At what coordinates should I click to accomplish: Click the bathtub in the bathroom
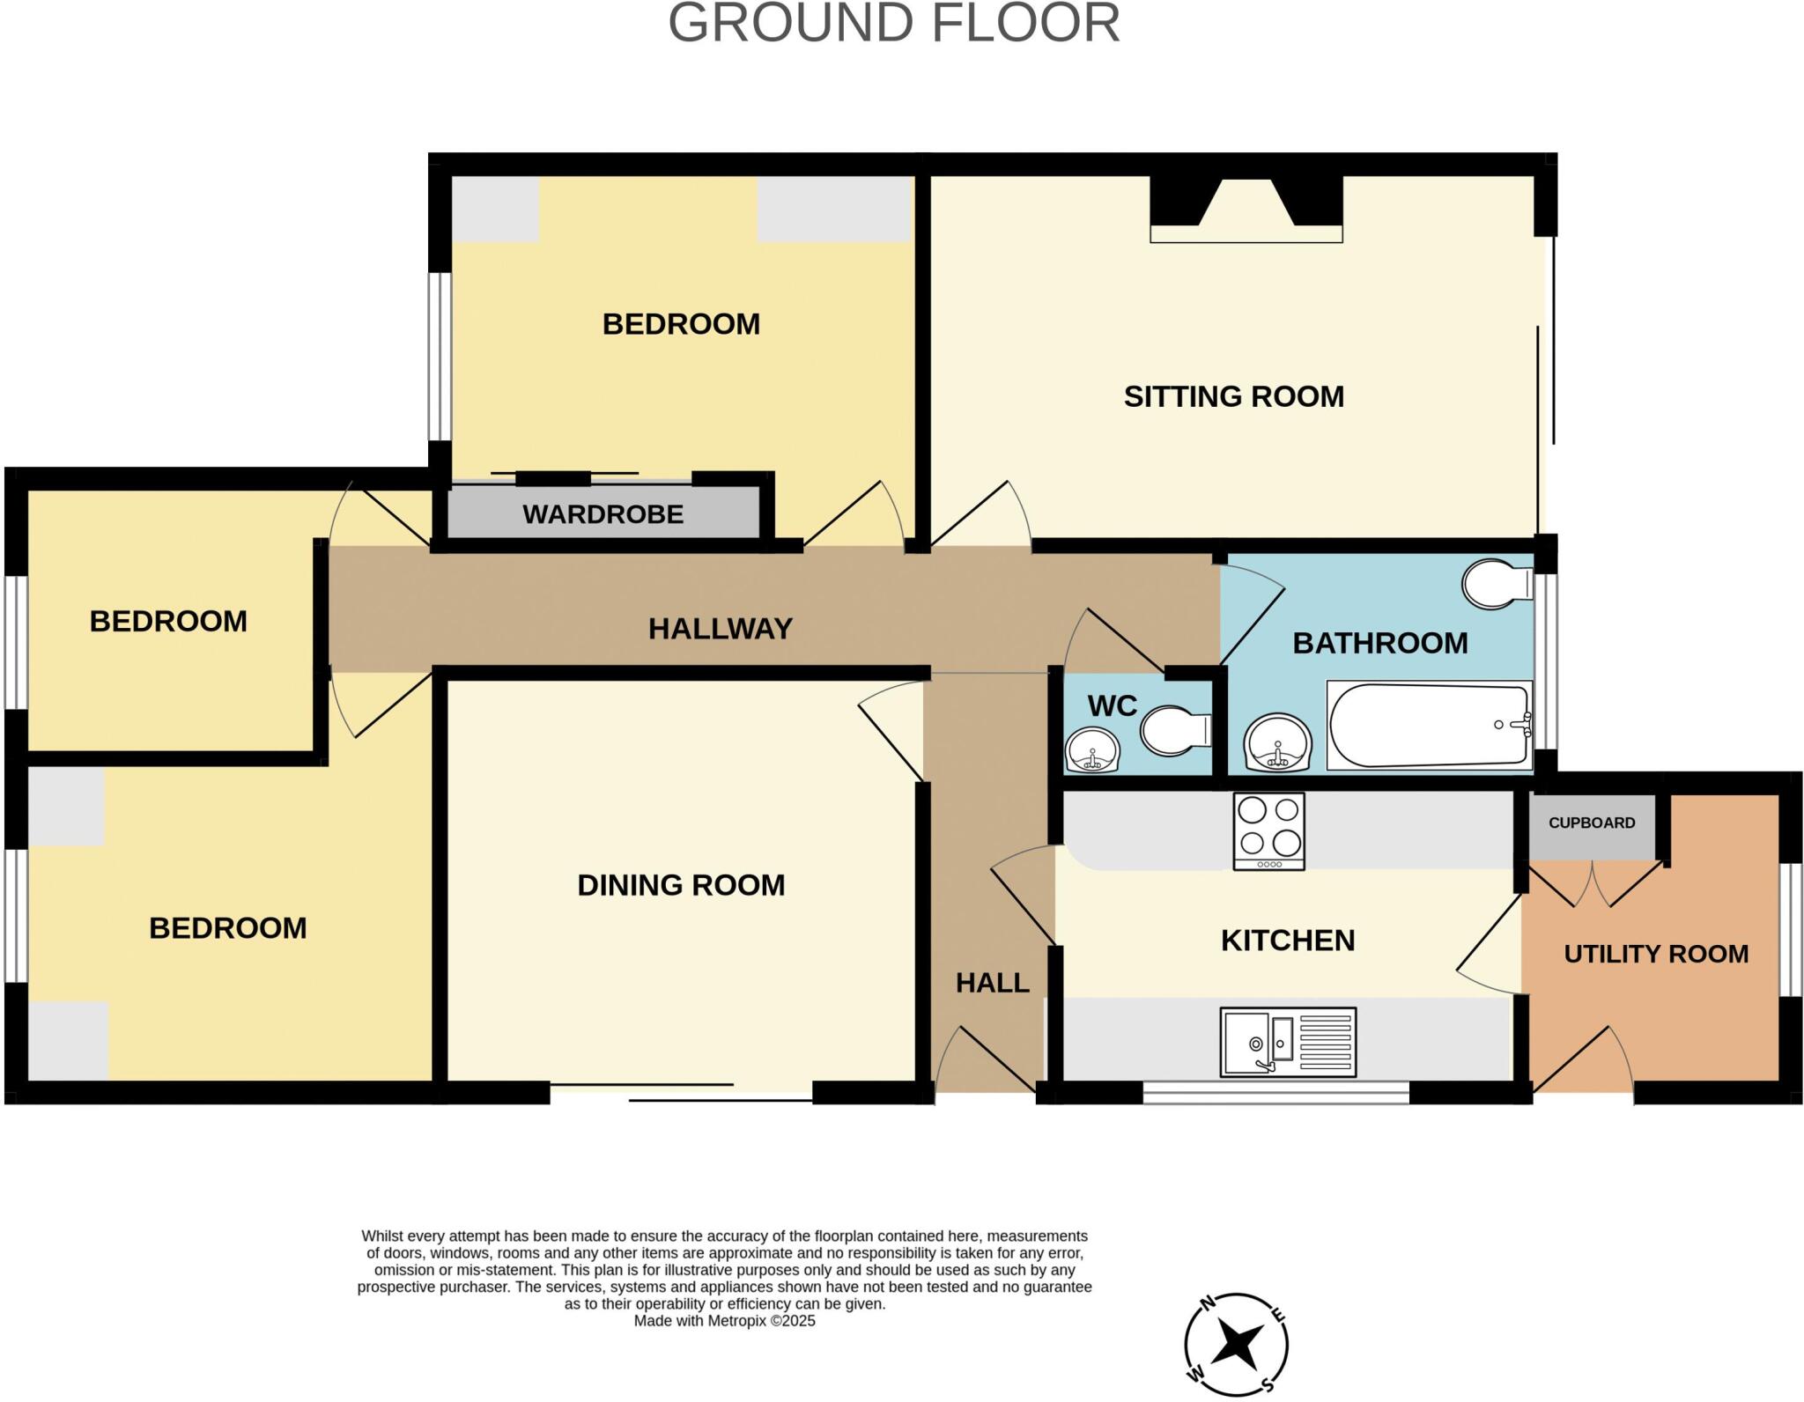click(1428, 726)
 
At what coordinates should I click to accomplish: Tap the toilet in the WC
click(1174, 730)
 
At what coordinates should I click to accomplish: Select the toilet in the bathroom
click(1496, 583)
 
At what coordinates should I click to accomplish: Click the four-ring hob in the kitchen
click(1268, 831)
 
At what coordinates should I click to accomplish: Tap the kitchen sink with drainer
click(1287, 1043)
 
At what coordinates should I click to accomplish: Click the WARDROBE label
click(603, 514)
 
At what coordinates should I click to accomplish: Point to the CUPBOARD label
click(1591, 823)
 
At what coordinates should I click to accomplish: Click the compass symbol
click(1236, 1345)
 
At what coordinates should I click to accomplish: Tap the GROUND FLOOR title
click(894, 23)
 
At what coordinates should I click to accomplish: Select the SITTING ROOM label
click(1233, 396)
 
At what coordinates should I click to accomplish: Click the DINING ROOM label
click(681, 885)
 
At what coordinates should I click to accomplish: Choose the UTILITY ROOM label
click(1655, 954)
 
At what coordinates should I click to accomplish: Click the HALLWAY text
click(721, 629)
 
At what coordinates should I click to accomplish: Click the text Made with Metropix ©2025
click(724, 1321)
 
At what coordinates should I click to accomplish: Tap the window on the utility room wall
click(1790, 929)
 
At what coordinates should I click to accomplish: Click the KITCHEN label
click(1287, 941)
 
